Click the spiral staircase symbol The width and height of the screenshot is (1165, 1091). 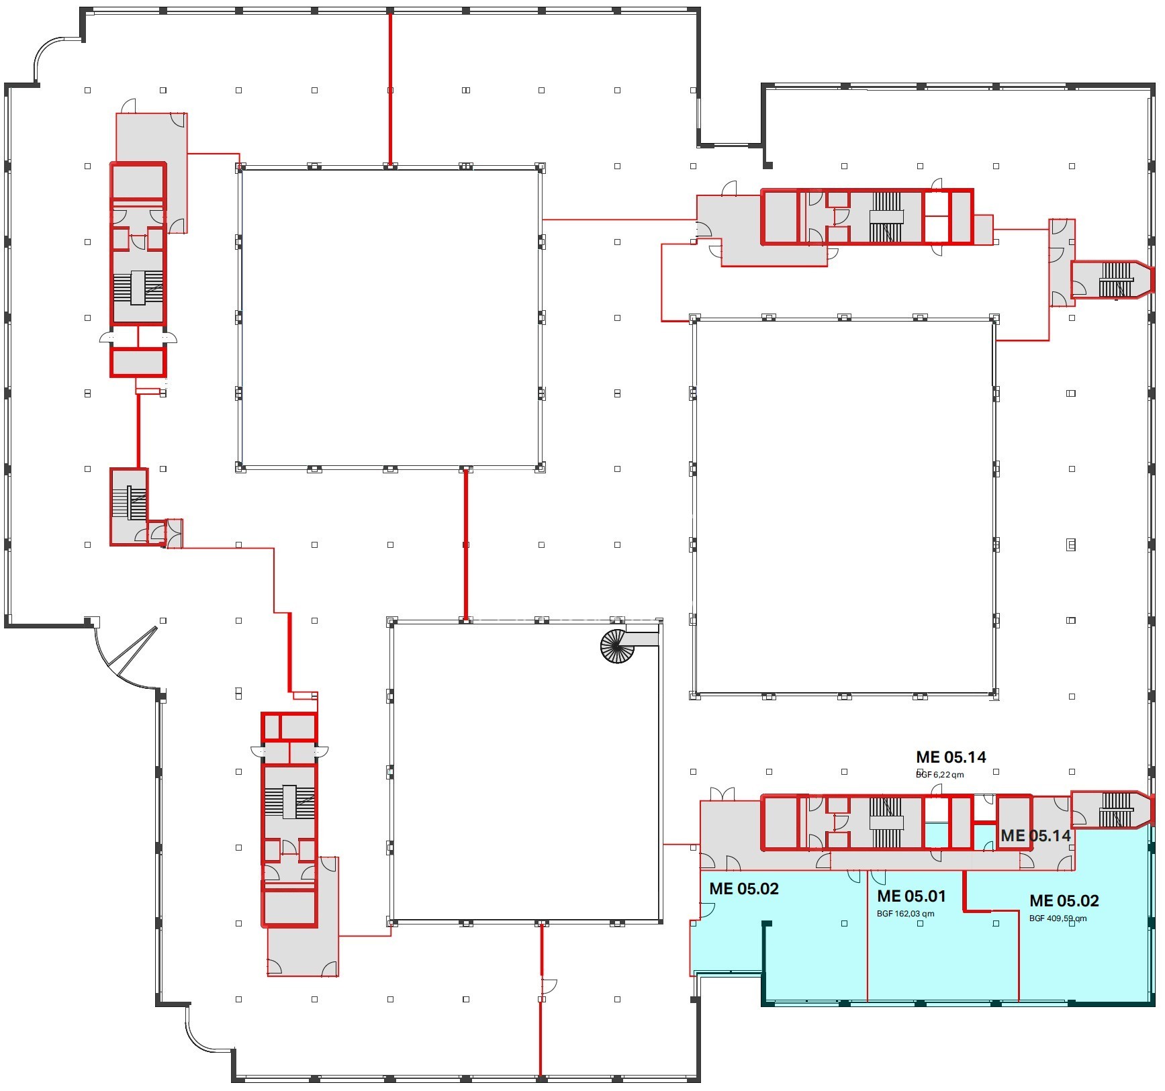(x=617, y=647)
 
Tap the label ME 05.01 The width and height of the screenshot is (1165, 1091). (x=911, y=896)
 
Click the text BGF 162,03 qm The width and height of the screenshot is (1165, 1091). (x=905, y=914)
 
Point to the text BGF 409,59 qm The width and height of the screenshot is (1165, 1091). (x=1058, y=918)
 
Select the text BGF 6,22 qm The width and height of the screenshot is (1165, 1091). (x=940, y=774)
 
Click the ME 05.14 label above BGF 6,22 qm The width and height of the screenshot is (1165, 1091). (x=951, y=757)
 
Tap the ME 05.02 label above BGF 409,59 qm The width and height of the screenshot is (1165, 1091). (x=1064, y=900)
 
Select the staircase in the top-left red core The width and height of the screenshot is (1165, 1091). (x=138, y=288)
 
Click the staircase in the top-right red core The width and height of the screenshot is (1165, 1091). (x=886, y=216)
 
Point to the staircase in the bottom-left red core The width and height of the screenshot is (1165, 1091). (x=289, y=802)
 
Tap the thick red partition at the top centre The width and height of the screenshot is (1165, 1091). (x=390, y=88)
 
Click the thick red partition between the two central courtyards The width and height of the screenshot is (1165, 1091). (x=465, y=544)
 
